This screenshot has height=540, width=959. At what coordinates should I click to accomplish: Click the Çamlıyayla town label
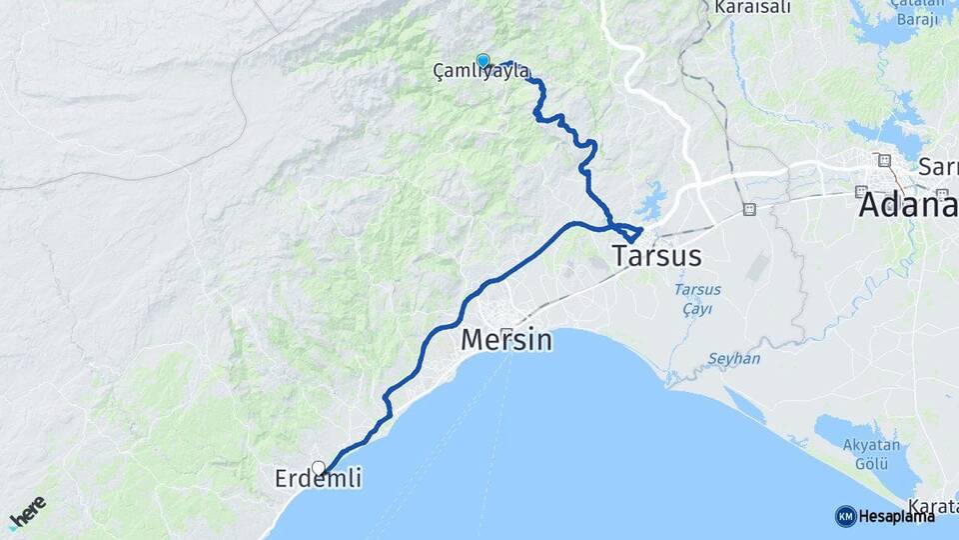click(x=480, y=71)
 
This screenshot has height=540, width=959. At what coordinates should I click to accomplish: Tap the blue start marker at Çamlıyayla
click(x=483, y=61)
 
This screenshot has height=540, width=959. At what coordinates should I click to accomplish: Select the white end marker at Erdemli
click(x=319, y=467)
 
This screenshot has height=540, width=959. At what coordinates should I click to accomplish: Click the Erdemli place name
click(x=318, y=481)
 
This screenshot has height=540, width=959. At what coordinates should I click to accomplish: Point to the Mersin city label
click(x=505, y=341)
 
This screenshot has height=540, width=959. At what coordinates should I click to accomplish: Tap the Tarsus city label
click(x=656, y=255)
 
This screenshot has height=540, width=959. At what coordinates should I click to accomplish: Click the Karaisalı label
click(x=752, y=8)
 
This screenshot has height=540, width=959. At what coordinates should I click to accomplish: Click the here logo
click(x=27, y=513)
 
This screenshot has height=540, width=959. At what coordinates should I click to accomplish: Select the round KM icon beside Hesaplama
click(x=845, y=516)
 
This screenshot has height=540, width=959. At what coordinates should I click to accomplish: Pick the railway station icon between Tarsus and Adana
click(x=749, y=209)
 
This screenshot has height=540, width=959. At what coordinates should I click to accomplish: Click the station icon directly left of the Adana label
click(x=860, y=191)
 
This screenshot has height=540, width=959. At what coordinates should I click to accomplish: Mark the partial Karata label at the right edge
click(x=932, y=505)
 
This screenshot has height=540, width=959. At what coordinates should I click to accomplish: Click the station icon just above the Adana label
click(x=883, y=160)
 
